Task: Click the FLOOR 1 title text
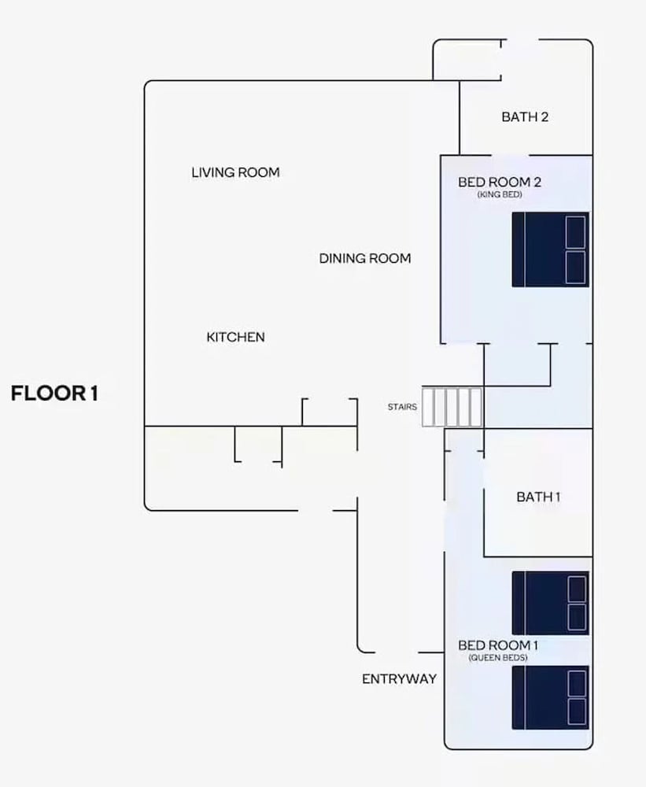pos(54,393)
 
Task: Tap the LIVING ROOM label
pos(235,172)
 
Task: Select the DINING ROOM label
pos(365,258)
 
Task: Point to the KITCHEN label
pos(235,337)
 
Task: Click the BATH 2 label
pos(525,117)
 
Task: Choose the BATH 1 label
pos(538,497)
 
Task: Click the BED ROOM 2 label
pos(500,182)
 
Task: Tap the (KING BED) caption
pos(500,194)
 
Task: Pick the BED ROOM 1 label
pos(498,645)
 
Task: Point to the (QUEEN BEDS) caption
pos(498,657)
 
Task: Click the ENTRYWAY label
pos(399,678)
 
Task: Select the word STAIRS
pos(402,407)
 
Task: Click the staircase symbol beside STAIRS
pos(452,407)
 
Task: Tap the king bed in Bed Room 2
pos(550,249)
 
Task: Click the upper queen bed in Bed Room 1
pos(550,603)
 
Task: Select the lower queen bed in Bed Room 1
pos(550,697)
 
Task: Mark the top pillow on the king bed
pos(575,232)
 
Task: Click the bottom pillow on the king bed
pos(575,267)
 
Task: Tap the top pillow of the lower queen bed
pos(577,684)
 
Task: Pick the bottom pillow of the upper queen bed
pos(577,617)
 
